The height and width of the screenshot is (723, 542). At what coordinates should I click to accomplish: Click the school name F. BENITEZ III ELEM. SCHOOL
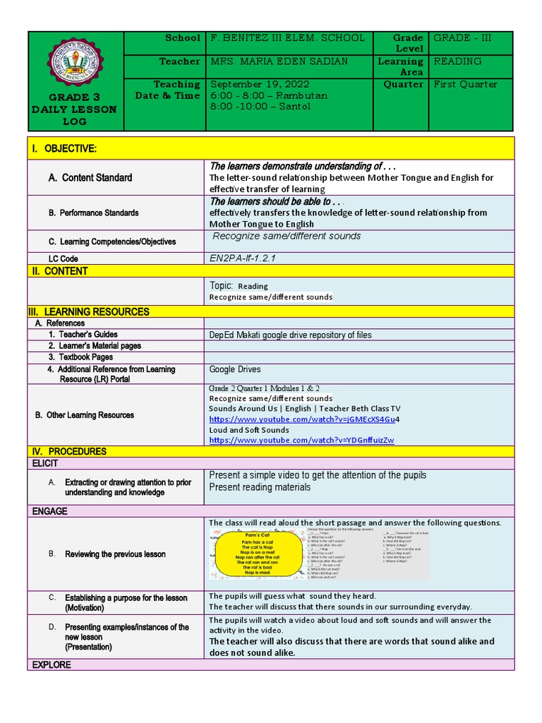pyautogui.click(x=287, y=38)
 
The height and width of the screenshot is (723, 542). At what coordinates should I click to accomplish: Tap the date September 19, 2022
pyautogui.click(x=260, y=84)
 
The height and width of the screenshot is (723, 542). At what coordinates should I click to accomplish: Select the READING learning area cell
pyautogui.click(x=458, y=61)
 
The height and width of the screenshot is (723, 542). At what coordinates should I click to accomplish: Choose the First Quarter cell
pyautogui.click(x=465, y=84)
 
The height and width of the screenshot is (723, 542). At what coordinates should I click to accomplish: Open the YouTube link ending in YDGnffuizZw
pyautogui.click(x=301, y=440)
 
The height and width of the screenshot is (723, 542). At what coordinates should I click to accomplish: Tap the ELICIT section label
pyautogui.click(x=44, y=463)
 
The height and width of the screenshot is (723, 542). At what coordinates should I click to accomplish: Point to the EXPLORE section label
pyautogui.click(x=50, y=664)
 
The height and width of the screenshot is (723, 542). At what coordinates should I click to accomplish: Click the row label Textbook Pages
pyautogui.click(x=80, y=357)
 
